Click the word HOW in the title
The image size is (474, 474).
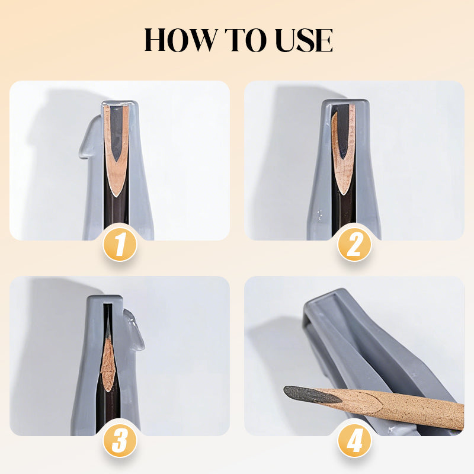click(x=181, y=40)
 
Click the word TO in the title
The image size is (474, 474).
click(x=246, y=40)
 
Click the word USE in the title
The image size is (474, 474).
click(x=304, y=40)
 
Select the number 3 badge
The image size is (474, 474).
click(x=120, y=441)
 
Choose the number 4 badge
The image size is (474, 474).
click(x=354, y=441)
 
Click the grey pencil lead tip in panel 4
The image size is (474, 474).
click(x=312, y=395)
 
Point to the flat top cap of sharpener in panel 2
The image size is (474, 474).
click(x=345, y=102)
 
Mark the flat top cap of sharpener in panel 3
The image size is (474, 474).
click(x=105, y=299)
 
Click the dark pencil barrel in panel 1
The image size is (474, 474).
click(x=116, y=212)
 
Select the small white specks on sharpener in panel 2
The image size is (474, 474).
click(x=320, y=214)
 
